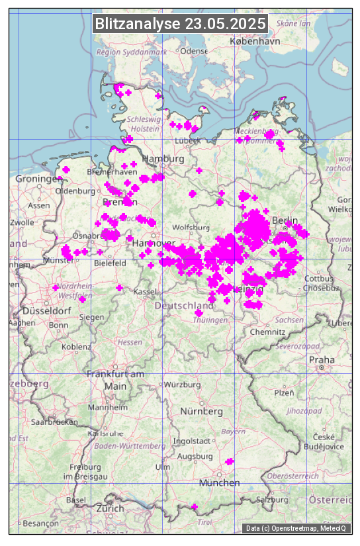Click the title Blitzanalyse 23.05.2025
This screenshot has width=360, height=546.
click(x=180, y=24)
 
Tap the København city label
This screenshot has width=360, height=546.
click(x=255, y=41)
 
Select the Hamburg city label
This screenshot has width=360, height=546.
click(x=163, y=159)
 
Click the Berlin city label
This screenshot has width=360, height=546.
click(x=285, y=220)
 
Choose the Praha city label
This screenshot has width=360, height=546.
click(x=322, y=359)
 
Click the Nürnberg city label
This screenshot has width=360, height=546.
click(x=202, y=411)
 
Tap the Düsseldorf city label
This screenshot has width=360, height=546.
click(x=46, y=310)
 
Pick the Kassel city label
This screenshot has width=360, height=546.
click(x=144, y=292)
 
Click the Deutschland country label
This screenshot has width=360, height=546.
click(x=184, y=305)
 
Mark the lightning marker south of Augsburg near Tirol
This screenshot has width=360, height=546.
click(x=195, y=507)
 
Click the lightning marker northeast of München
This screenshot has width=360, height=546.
click(x=229, y=461)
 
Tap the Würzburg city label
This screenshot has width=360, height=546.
click(x=182, y=385)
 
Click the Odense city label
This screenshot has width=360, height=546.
click(x=194, y=51)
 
